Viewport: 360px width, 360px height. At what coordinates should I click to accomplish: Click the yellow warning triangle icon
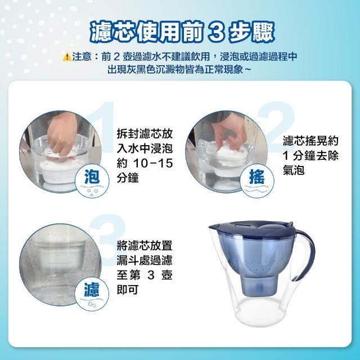[67, 56]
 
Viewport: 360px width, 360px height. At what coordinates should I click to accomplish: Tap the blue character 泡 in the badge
[92, 177]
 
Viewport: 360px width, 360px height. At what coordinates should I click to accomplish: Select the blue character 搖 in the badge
[257, 177]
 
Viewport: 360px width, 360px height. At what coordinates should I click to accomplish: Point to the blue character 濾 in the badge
[92, 290]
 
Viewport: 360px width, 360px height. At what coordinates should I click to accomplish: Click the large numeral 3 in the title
[216, 32]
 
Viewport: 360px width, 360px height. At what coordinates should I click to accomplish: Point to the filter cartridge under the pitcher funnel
[259, 285]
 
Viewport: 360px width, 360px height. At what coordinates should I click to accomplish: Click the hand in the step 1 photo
[62, 136]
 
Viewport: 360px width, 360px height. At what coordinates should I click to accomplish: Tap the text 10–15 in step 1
[152, 164]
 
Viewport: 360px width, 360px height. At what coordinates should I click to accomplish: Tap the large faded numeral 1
[103, 126]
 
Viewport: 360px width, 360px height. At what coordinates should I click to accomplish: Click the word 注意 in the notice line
[82, 56]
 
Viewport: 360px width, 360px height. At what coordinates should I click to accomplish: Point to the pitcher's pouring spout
[214, 228]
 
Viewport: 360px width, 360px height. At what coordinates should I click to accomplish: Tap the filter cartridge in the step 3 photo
[60, 257]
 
